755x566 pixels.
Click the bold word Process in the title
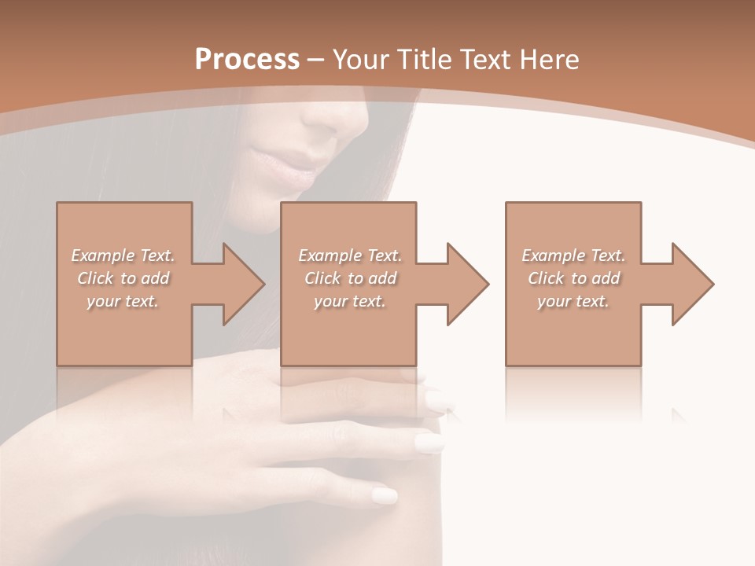click(247, 60)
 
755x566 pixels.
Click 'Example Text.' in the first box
click(123, 255)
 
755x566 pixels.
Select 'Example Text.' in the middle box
click(350, 255)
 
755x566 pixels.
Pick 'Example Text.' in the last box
click(573, 255)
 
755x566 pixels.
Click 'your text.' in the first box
click(123, 301)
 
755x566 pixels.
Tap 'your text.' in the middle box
click(350, 301)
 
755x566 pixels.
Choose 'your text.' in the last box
click(573, 301)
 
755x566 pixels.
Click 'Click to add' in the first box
click(123, 278)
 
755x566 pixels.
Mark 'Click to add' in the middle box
click(350, 278)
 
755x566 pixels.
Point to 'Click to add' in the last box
click(573, 278)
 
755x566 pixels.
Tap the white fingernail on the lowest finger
click(385, 496)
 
